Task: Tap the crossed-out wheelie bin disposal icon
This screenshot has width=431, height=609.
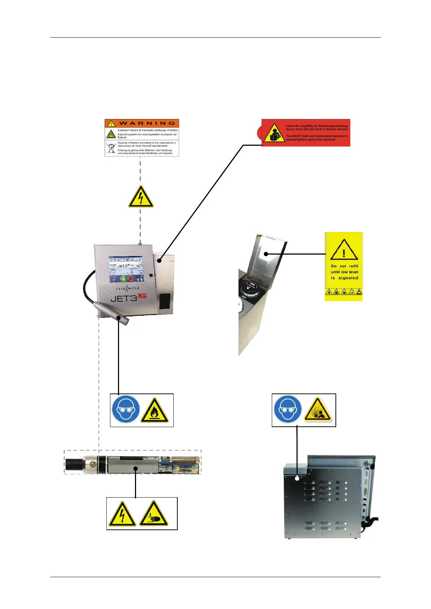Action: (111, 148)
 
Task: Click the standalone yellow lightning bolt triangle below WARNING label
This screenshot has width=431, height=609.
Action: (141, 197)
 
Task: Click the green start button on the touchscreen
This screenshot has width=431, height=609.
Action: (123, 279)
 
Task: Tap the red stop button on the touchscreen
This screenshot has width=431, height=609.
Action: (130, 279)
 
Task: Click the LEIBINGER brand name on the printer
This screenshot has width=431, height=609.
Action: (127, 289)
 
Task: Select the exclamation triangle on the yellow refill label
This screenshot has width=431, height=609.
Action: (344, 250)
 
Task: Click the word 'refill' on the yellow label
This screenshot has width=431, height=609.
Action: (354, 266)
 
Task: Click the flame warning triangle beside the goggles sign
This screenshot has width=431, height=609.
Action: (155, 411)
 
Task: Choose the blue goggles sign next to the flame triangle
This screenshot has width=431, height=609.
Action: (126, 410)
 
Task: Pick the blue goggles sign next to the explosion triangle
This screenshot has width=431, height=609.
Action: (288, 410)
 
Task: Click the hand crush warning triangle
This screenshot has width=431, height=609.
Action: (153, 514)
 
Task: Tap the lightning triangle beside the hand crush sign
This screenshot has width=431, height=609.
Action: (122, 514)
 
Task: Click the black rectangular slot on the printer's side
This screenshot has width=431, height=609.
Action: (165, 301)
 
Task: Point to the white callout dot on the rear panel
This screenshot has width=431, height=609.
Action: (297, 478)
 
